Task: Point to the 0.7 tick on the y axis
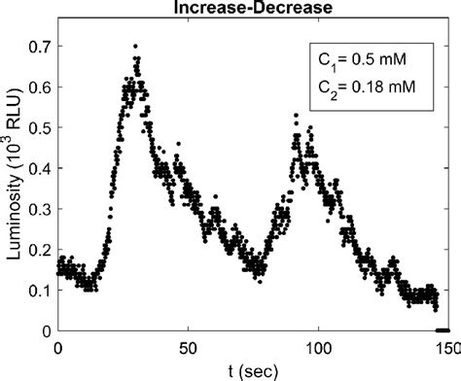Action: click(39, 46)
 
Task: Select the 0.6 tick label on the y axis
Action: click(39, 87)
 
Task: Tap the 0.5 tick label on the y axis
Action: click(39, 127)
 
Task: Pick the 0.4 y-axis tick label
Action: click(39, 168)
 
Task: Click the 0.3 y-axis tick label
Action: click(39, 209)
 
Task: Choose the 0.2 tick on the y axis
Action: click(39, 250)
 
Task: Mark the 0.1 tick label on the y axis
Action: click(39, 291)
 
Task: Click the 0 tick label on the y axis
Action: click(46, 331)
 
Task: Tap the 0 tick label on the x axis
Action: click(58, 347)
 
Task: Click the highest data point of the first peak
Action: click(135, 46)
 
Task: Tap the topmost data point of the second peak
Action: click(295, 115)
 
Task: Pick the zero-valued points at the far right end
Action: click(443, 330)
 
